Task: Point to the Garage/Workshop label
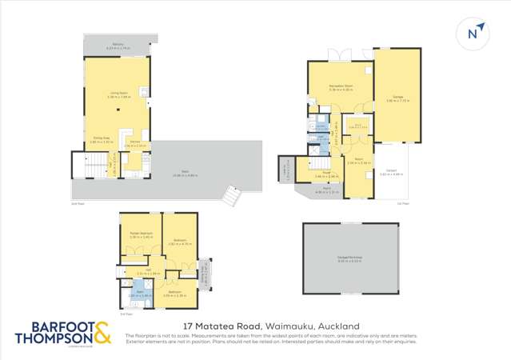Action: point(349,257)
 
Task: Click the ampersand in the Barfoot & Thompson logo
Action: point(102,332)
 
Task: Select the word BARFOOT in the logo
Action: point(54,326)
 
